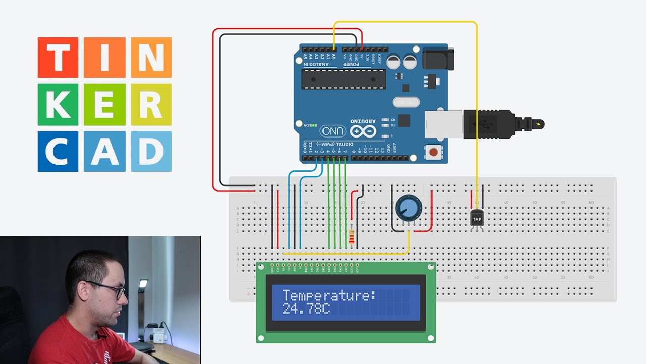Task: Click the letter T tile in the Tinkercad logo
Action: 58,58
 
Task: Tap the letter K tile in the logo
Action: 58,105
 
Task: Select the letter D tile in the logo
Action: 151,151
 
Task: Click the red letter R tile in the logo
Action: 151,105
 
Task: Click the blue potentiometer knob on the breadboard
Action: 408,207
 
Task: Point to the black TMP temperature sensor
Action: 477,218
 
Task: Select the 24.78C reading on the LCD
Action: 306,309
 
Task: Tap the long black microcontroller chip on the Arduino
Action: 343,79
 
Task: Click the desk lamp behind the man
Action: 143,285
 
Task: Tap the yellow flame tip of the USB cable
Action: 541,124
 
